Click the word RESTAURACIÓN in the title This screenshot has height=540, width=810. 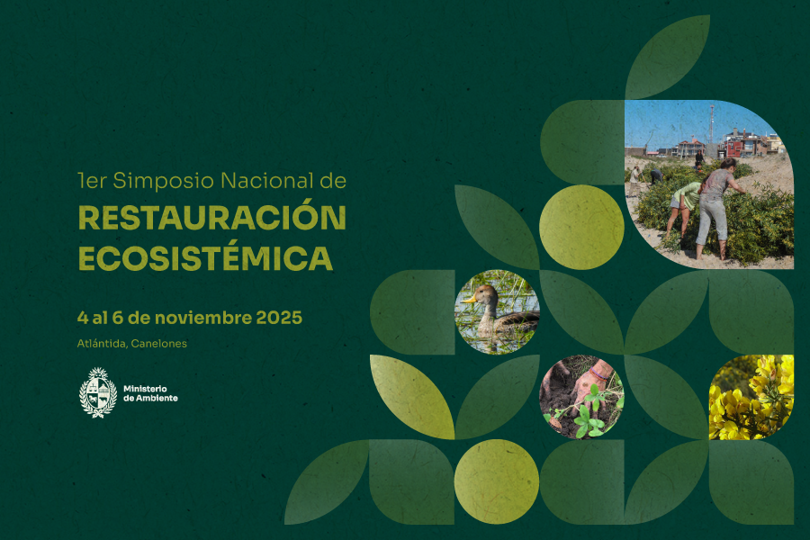211,219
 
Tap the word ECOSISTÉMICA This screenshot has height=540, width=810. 205,257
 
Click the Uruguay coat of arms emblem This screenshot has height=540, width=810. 98,392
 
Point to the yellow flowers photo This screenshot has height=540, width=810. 751,397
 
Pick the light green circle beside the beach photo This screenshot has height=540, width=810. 581,227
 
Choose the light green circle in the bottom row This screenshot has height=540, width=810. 497,481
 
